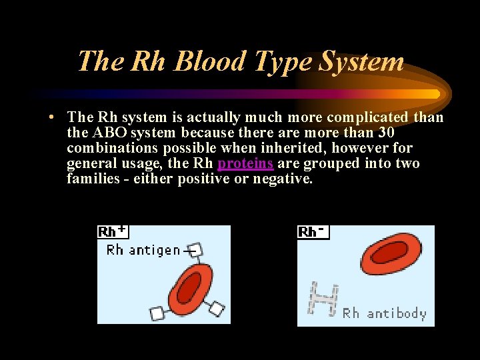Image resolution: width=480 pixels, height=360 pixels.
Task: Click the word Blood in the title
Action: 209,61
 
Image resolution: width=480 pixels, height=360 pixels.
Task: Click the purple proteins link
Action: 245,163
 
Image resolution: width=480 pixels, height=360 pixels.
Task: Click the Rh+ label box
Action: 113,231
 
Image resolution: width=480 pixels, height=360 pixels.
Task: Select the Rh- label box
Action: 313,231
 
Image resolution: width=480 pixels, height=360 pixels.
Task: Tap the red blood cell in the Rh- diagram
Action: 387,255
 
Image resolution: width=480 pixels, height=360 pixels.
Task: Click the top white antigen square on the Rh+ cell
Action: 195,251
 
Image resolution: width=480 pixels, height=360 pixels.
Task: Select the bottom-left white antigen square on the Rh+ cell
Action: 157,313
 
